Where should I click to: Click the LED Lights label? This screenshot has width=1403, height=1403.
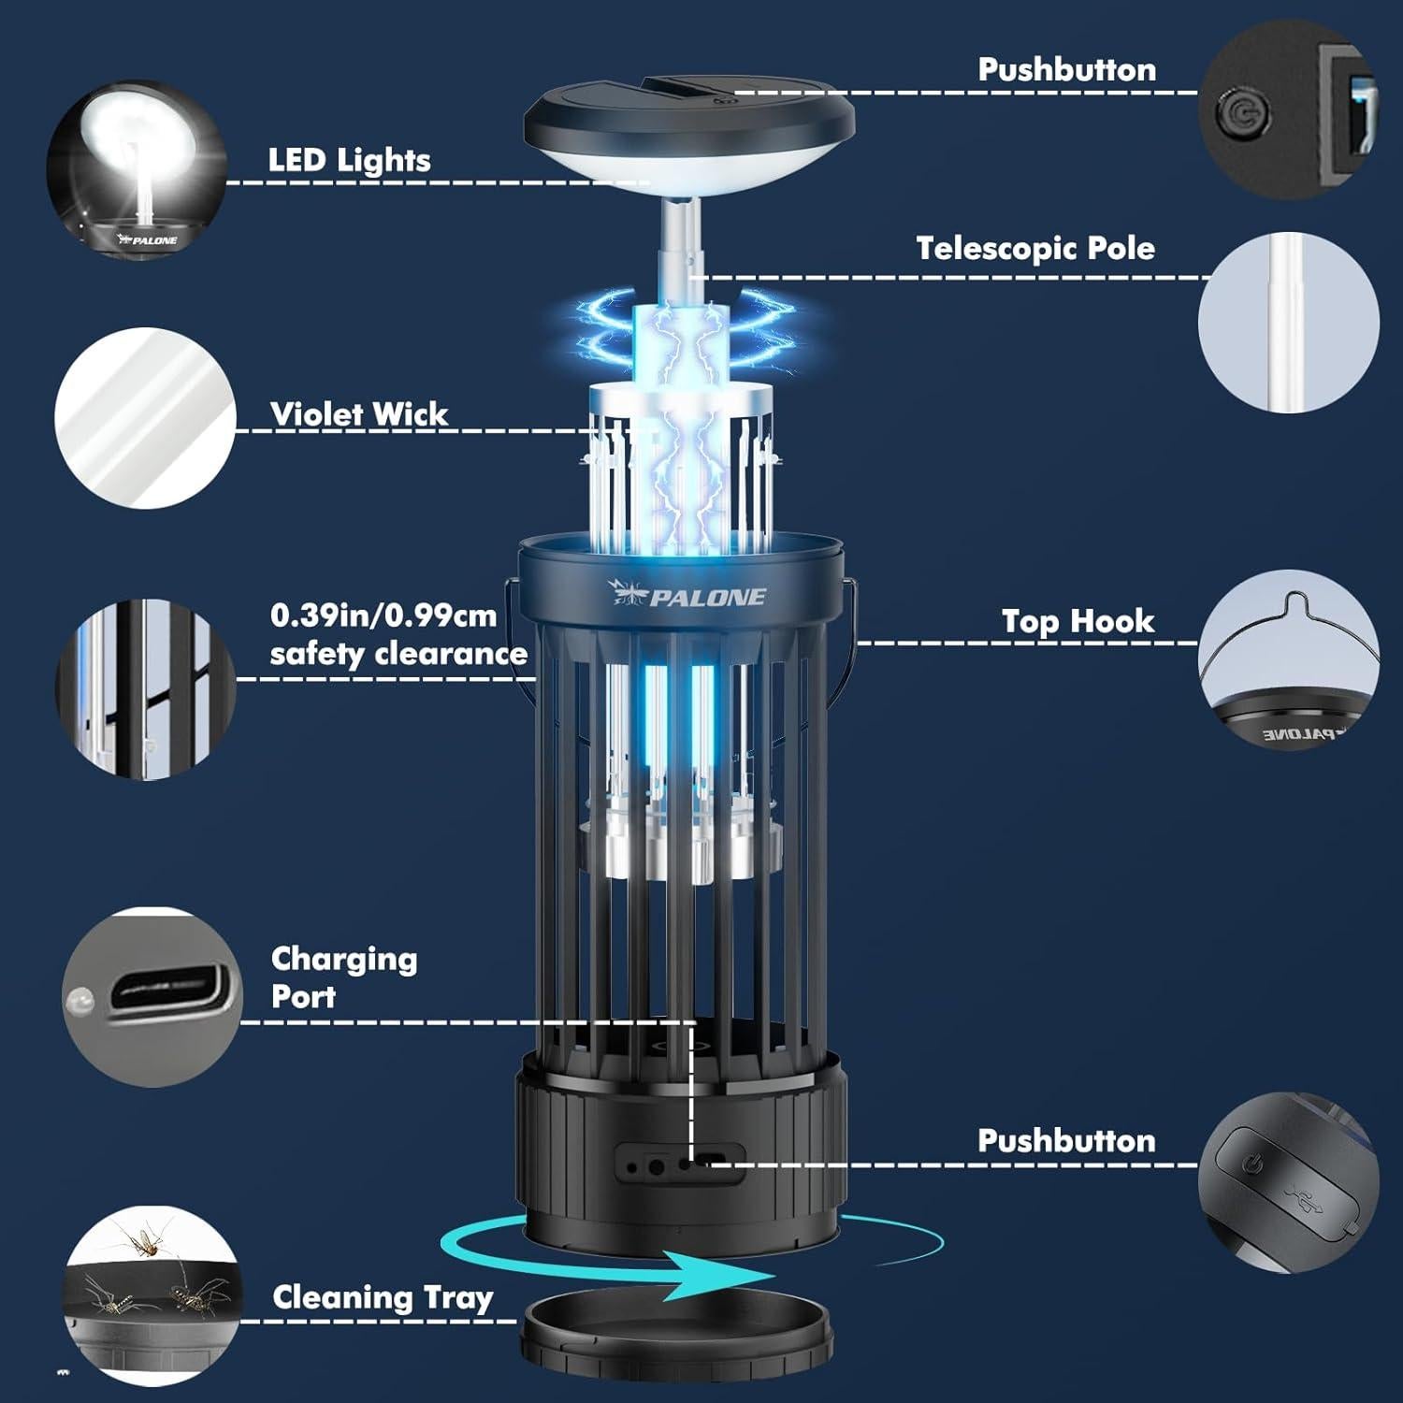(349, 161)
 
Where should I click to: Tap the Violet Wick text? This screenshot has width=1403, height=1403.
(359, 414)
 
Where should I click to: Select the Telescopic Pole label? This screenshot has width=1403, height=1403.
(1034, 249)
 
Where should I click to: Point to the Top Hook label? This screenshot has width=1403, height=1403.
(1078, 622)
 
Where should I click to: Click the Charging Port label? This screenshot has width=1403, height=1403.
(343, 977)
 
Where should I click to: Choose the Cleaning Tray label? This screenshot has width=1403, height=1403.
(382, 1298)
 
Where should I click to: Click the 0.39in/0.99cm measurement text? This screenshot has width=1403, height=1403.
(383, 616)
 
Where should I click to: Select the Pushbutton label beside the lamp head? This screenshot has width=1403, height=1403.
(1066, 70)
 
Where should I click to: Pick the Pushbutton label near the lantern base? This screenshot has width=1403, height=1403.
(1066, 1141)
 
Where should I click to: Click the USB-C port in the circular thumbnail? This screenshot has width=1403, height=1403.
(166, 995)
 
